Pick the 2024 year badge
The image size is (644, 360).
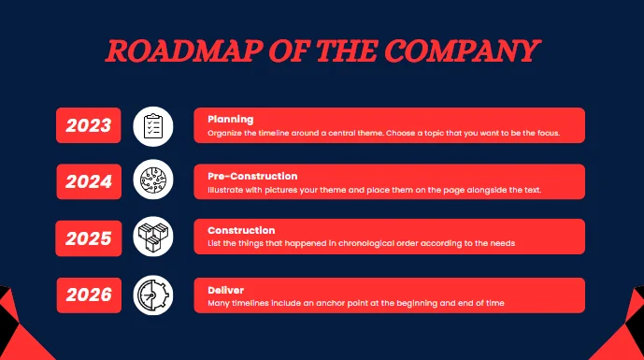[89, 181]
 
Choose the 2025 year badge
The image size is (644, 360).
[89, 238]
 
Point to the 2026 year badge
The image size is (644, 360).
[89, 295]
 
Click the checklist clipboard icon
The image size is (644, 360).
[152, 126]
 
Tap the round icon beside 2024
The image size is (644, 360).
[152, 181]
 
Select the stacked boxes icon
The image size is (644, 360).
[152, 238]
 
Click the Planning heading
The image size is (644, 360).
[230, 120]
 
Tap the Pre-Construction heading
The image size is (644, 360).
[252, 176]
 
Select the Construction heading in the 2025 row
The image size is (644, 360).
[241, 231]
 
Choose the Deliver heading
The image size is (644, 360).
[225, 290]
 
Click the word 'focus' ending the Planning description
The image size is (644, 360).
[546, 134]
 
